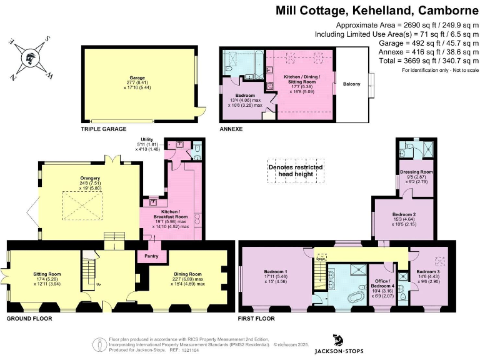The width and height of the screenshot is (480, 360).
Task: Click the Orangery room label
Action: (x=90, y=178)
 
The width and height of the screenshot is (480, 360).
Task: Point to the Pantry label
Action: (x=151, y=256)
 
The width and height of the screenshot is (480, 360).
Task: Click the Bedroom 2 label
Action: (x=404, y=214)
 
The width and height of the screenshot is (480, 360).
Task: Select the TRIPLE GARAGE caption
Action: (x=104, y=129)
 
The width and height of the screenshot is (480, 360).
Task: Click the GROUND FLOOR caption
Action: (x=29, y=319)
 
